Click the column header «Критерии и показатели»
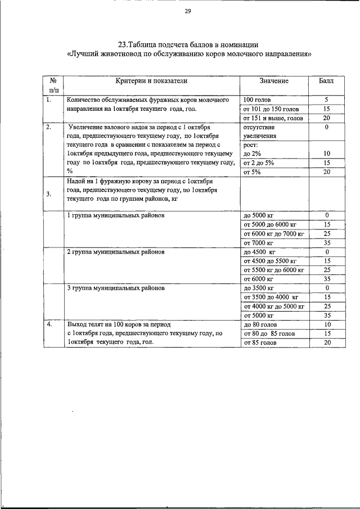click(151, 81)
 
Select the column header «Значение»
click(274, 81)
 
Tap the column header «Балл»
click(326, 81)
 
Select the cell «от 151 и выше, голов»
click(273, 118)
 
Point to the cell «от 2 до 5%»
click(259, 163)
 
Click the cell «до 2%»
click(252, 154)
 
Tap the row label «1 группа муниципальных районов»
click(116, 215)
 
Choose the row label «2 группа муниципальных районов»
click(116, 252)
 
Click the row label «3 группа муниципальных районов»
click(116, 288)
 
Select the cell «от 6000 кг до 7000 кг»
click(273, 233)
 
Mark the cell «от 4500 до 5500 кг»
click(269, 261)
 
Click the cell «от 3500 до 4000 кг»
click(271, 297)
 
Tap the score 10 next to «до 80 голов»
click(326, 325)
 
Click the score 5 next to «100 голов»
click(326, 100)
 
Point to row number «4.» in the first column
click(50, 325)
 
